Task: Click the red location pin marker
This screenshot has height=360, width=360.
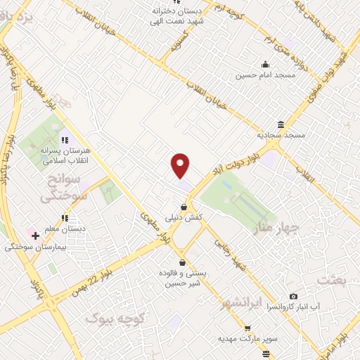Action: click(x=181, y=165)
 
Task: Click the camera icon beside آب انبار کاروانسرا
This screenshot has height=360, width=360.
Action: click(x=293, y=296)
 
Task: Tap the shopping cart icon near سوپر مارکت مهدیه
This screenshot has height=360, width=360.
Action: click(x=247, y=328)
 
